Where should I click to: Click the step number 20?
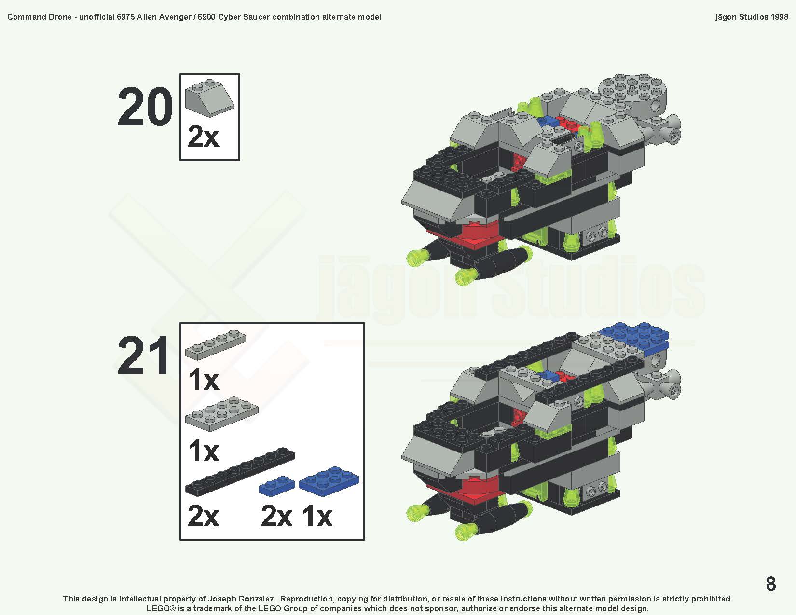(x=145, y=107)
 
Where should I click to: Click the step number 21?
(x=144, y=356)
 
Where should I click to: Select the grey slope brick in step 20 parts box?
(x=209, y=98)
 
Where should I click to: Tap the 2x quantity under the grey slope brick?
(x=203, y=137)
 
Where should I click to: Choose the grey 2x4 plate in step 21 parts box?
(x=221, y=414)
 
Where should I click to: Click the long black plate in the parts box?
(x=240, y=472)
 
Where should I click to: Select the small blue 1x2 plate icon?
(x=277, y=484)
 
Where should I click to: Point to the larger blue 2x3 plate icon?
(x=329, y=480)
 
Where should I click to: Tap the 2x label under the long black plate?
(x=203, y=516)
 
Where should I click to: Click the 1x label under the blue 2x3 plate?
(x=317, y=516)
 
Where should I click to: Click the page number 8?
(x=770, y=584)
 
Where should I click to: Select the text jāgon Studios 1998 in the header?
(x=751, y=17)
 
